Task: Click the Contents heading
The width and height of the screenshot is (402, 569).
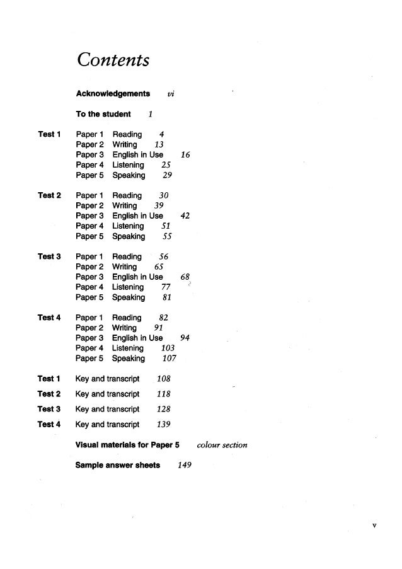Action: [x=113, y=60]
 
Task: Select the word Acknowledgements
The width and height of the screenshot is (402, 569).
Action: [x=113, y=94]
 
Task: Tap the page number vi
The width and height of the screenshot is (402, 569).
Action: [x=171, y=94]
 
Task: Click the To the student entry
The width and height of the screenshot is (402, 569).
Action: [x=103, y=114]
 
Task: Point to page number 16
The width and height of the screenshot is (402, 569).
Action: [x=185, y=155]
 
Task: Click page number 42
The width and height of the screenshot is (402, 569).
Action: [x=185, y=216]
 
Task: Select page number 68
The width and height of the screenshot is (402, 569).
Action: [x=185, y=277]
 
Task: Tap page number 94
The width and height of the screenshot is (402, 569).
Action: [x=185, y=338]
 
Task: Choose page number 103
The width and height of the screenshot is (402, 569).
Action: [x=168, y=348]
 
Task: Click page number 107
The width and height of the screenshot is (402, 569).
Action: [x=169, y=359]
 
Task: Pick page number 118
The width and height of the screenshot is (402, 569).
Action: [x=164, y=394]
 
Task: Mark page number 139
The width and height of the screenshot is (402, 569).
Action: [x=164, y=425]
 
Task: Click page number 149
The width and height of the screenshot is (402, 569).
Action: [x=185, y=466]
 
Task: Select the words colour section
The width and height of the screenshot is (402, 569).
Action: [x=222, y=445]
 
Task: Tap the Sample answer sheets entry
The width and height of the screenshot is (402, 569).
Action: [x=118, y=466]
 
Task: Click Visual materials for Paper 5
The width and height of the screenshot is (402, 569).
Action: [x=127, y=445]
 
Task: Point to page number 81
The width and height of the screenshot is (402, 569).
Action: [x=167, y=297]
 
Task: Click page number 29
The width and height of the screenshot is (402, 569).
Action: [x=167, y=176]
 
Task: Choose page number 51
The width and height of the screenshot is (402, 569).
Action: [x=166, y=226]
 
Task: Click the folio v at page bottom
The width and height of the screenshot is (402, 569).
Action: [x=374, y=526]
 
